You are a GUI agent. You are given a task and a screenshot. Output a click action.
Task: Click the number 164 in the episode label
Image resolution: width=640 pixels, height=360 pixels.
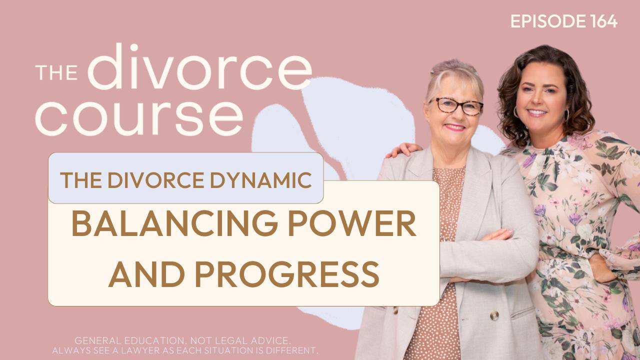tap(602, 21)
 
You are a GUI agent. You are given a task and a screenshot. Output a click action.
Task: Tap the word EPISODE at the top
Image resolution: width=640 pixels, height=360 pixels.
tap(547, 21)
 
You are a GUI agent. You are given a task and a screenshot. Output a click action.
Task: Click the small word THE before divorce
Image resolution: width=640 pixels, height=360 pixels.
tap(55, 72)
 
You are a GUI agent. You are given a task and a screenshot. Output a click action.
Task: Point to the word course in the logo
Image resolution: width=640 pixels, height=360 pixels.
tap(138, 117)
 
